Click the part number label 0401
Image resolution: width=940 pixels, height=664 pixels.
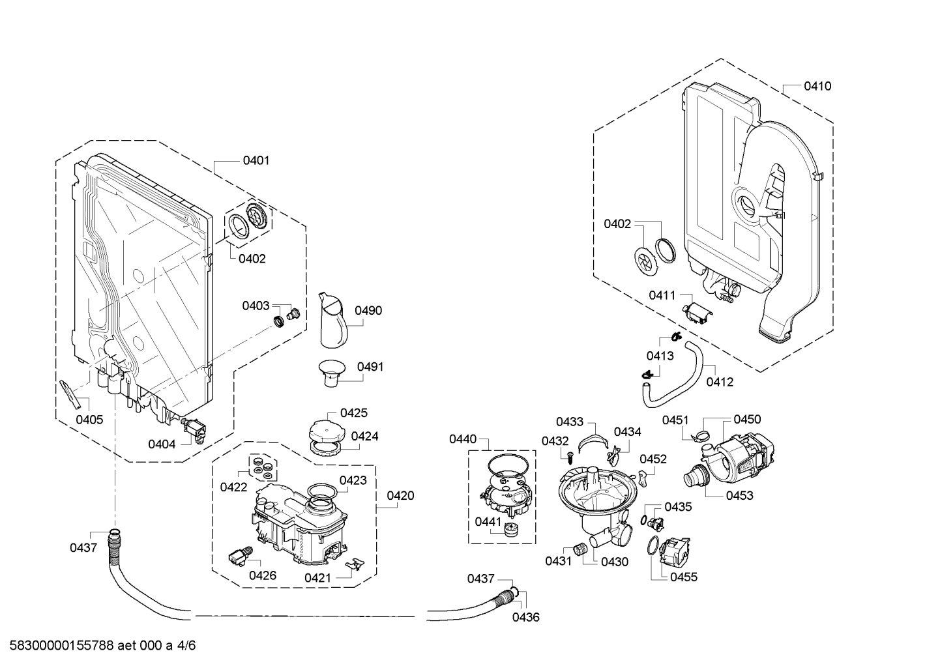(256, 160)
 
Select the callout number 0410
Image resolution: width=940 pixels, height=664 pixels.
(817, 86)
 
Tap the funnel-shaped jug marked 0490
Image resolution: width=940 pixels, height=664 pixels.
(333, 321)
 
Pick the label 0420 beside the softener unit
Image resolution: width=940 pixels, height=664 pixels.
(400, 496)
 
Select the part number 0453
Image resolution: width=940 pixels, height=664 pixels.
(739, 495)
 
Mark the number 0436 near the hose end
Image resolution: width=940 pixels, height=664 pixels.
(525, 617)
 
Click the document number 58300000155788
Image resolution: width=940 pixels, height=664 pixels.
(58, 646)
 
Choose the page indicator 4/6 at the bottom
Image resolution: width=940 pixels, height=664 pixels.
(186, 646)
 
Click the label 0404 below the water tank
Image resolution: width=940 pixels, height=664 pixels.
(161, 444)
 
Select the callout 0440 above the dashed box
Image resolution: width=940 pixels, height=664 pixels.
(462, 439)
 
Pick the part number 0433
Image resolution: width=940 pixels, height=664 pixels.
(570, 422)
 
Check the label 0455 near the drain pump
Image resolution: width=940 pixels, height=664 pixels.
(683, 577)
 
